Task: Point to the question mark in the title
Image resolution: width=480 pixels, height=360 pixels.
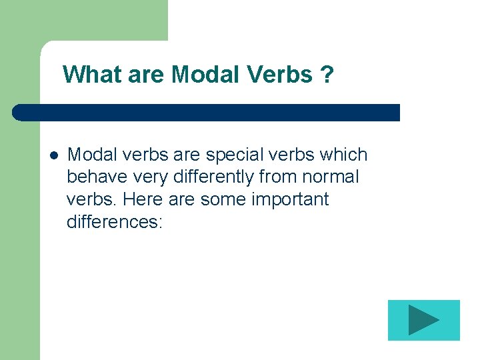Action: click(x=327, y=75)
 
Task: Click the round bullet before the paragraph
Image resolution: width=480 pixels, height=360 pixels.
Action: click(x=54, y=155)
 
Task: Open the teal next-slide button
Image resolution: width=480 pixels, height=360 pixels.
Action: click(x=423, y=320)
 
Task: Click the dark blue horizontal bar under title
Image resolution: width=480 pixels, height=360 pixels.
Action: click(x=207, y=112)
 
